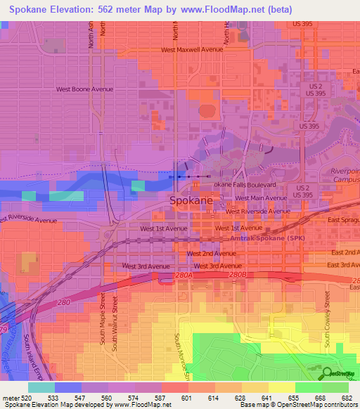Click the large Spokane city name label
(x=191, y=200)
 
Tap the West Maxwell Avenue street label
(x=191, y=50)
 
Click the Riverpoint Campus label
(x=345, y=175)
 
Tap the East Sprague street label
(x=345, y=221)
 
